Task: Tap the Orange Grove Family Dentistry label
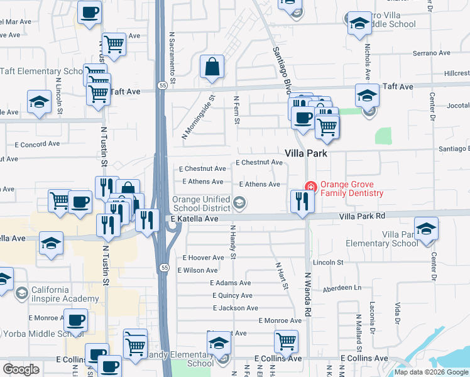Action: tap(351, 188)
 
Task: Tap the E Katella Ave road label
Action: tap(194, 219)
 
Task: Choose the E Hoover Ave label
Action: tap(203, 258)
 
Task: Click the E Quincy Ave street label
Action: tap(232, 295)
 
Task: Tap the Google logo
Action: tap(21, 369)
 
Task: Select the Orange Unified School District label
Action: tap(201, 204)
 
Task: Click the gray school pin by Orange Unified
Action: tap(239, 202)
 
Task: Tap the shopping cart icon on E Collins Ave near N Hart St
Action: tap(286, 342)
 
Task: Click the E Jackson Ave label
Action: tap(235, 308)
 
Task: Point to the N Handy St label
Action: tap(232, 243)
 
